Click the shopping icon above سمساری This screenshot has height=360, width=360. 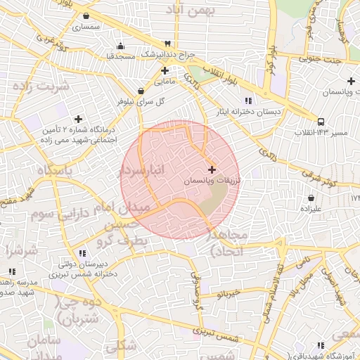click(x=86, y=15)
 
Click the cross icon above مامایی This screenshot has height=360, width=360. click(x=165, y=70)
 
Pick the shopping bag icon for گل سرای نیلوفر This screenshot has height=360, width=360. click(x=141, y=91)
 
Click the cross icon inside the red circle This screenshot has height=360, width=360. click(x=212, y=169)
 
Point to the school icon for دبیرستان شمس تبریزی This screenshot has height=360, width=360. click(x=82, y=253)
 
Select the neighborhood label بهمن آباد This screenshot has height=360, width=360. click(x=191, y=11)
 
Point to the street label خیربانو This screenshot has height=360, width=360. click(x=229, y=292)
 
